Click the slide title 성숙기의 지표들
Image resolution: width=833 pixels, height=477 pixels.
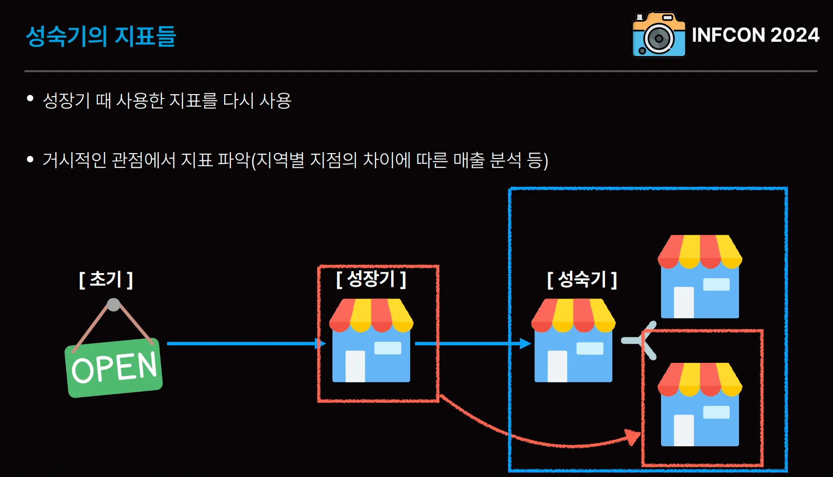[x=100, y=36]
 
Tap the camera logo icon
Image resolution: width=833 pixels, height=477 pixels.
[x=659, y=35]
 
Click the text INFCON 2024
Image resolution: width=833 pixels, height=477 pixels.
[x=755, y=35]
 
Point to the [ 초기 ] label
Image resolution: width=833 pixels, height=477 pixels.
[x=106, y=279]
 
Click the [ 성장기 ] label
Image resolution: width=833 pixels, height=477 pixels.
[x=371, y=279]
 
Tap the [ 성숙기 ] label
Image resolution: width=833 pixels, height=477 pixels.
[x=582, y=279]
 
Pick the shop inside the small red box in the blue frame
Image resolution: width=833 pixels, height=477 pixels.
[x=700, y=404]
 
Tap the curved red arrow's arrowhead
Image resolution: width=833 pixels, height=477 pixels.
[x=634, y=437]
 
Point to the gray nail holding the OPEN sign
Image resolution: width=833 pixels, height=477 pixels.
[x=114, y=305]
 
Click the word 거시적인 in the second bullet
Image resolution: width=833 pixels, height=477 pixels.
[x=75, y=160]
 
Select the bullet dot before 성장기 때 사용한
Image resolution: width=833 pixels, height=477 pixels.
[x=30, y=99]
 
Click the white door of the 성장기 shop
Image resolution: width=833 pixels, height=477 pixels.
[x=355, y=366]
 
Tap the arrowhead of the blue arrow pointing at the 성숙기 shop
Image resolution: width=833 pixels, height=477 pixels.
[x=525, y=343]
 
